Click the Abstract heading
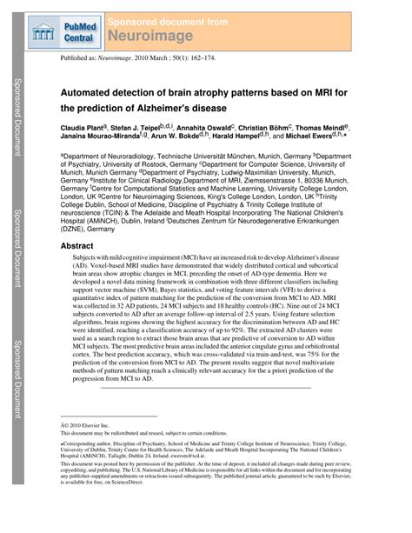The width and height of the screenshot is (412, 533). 76,247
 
